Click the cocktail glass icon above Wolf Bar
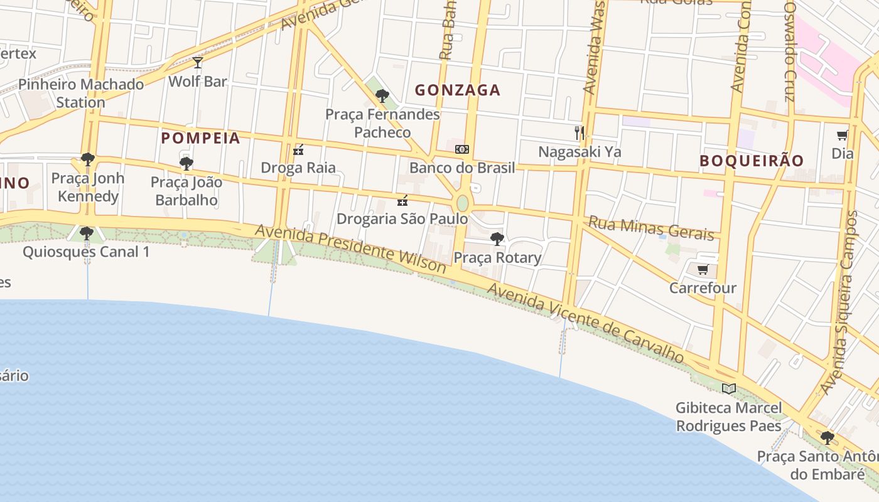click(x=198, y=62)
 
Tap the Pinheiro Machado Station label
click(x=81, y=93)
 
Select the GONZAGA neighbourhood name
click(x=458, y=90)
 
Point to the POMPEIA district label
click(x=201, y=138)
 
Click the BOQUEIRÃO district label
click(x=752, y=161)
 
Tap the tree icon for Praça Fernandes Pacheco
click(x=382, y=96)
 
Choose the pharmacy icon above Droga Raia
click(x=298, y=150)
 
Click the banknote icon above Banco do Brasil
click(x=462, y=149)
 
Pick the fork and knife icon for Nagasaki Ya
click(x=580, y=133)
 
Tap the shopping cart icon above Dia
click(x=843, y=135)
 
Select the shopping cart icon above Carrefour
click(x=703, y=270)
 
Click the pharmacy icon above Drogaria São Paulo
click(x=402, y=201)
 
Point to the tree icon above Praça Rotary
click(x=497, y=239)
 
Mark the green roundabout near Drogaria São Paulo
click(x=463, y=203)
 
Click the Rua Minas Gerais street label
click(x=651, y=228)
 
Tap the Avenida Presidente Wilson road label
click(x=350, y=249)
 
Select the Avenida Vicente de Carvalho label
click(x=585, y=323)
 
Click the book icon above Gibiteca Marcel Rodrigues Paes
click(x=728, y=388)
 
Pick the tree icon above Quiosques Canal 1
click(x=87, y=233)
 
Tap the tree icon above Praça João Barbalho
click(x=186, y=164)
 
